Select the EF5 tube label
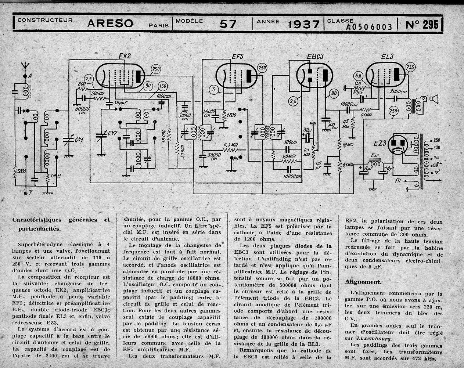click(237, 57)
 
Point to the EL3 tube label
click(387, 57)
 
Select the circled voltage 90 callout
click(148, 85)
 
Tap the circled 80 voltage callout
click(334, 93)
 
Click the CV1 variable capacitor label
click(79, 139)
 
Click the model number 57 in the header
click(228, 24)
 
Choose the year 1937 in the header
click(303, 24)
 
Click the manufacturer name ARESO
click(110, 24)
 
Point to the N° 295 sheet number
click(422, 24)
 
